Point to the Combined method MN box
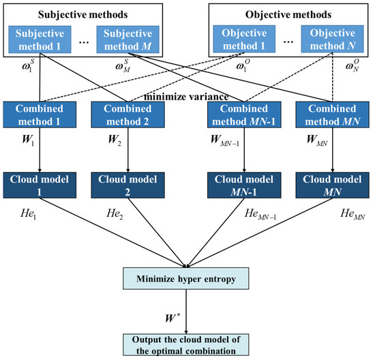click(x=330, y=114)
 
